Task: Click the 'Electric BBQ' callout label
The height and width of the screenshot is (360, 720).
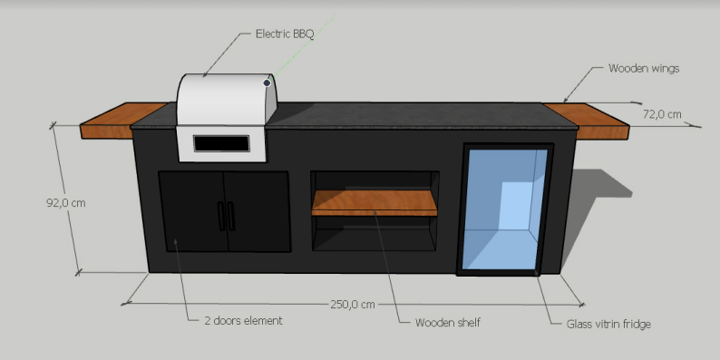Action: (285, 34)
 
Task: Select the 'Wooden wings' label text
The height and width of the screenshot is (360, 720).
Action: (643, 68)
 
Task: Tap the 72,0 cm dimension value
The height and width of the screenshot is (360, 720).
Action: (662, 114)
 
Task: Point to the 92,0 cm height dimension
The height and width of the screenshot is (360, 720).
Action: (65, 203)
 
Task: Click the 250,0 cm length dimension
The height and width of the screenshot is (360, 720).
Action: (352, 304)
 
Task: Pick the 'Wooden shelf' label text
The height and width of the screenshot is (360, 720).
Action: (447, 323)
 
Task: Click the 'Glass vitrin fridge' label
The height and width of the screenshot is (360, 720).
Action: (608, 324)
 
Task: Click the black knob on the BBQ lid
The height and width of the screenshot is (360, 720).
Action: (268, 83)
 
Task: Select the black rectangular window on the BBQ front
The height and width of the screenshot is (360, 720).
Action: (222, 143)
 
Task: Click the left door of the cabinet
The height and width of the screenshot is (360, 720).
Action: (190, 213)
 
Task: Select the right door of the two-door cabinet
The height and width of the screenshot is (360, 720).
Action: (259, 212)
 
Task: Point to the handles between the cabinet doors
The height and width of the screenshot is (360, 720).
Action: (226, 215)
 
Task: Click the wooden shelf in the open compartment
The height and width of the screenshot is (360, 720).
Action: (374, 202)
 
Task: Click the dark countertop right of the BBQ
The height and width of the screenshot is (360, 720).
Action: (408, 114)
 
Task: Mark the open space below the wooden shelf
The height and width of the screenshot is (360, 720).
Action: (374, 232)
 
